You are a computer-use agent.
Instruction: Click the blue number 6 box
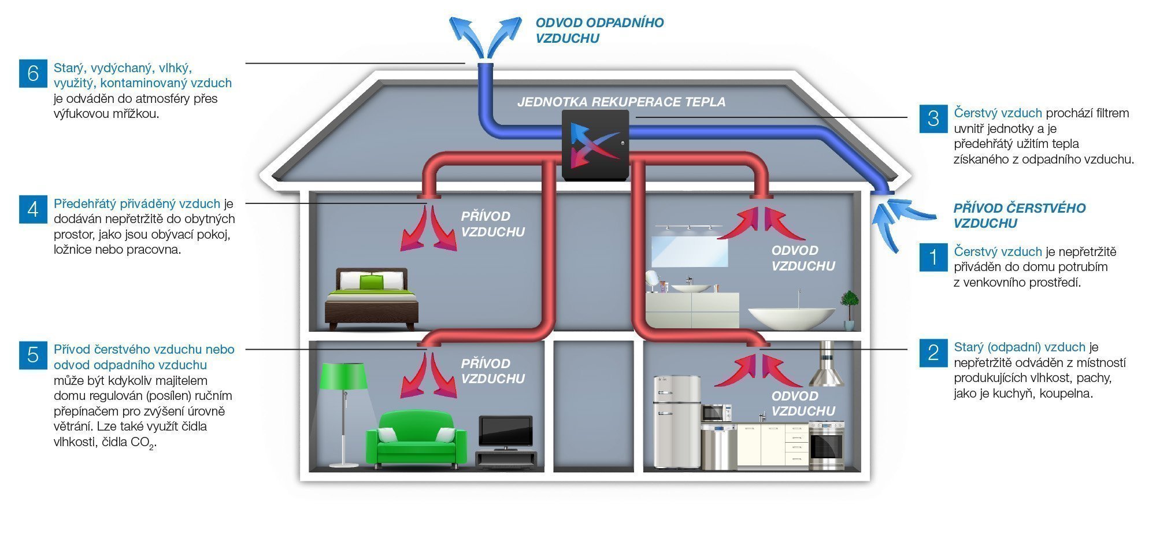[x=33, y=73]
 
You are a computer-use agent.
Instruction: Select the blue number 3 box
[x=933, y=118]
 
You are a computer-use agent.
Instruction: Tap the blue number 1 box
[x=933, y=257]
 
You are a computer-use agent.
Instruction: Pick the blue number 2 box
[x=933, y=353]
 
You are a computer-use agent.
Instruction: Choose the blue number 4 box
[x=33, y=209]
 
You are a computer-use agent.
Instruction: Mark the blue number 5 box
[x=33, y=354]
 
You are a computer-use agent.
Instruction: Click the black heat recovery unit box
[x=595, y=145]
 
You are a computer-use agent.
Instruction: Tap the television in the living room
[x=505, y=432]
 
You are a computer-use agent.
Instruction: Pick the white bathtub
[x=791, y=318]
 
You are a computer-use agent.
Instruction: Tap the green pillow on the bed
[x=370, y=282]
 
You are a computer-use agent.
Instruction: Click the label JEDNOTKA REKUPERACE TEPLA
[x=621, y=102]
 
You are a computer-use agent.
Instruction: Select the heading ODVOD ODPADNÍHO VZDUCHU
[x=599, y=31]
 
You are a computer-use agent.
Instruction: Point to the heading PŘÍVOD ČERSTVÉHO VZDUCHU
[x=1019, y=216]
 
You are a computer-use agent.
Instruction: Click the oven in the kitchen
[x=827, y=446]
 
